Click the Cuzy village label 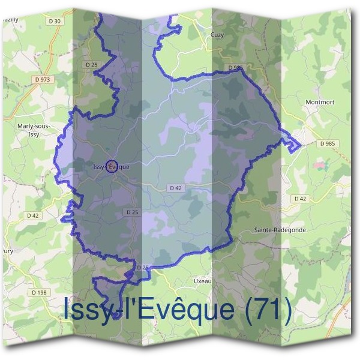(217, 35)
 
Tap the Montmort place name (320, 102)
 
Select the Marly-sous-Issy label (35, 129)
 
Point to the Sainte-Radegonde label (276, 230)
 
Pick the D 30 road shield (55, 21)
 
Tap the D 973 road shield (43, 79)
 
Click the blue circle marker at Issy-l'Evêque (110, 167)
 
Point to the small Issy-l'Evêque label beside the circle (111, 166)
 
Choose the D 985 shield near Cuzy (235, 67)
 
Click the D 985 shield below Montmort (328, 144)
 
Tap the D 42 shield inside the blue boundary (175, 188)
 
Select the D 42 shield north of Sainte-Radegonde (300, 198)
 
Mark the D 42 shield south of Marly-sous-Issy (32, 215)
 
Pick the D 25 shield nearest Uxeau (142, 267)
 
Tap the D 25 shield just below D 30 (91, 64)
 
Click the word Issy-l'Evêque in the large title (148, 310)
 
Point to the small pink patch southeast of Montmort (318, 164)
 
